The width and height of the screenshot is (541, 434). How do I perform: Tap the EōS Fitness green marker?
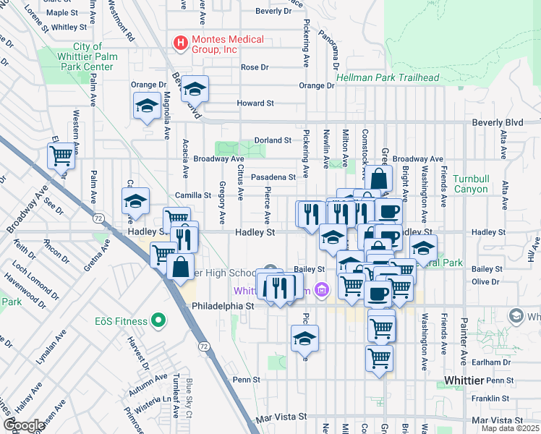pyautogui.click(x=159, y=320)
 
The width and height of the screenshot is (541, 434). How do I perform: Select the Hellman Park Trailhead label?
pyautogui.click(x=388, y=77)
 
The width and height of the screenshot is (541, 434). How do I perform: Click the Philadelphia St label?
pyautogui.click(x=223, y=306)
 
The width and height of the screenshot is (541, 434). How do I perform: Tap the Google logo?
pyautogui.click(x=23, y=425)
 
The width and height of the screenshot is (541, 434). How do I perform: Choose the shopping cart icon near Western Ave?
pyautogui.click(x=61, y=155)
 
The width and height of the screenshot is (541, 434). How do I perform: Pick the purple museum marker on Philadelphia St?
pyautogui.click(x=322, y=291)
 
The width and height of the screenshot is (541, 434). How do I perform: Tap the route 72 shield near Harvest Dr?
pyautogui.click(x=205, y=348)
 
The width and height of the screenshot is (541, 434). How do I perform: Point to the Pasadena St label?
pyautogui.click(x=273, y=177)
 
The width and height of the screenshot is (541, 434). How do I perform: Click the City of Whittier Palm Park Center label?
pyautogui.click(x=87, y=56)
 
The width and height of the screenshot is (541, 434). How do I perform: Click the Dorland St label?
pyautogui.click(x=272, y=140)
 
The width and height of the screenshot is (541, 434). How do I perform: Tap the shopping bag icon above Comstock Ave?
pyautogui.click(x=378, y=178)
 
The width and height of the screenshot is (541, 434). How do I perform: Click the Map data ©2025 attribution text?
pyautogui.click(x=511, y=428)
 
